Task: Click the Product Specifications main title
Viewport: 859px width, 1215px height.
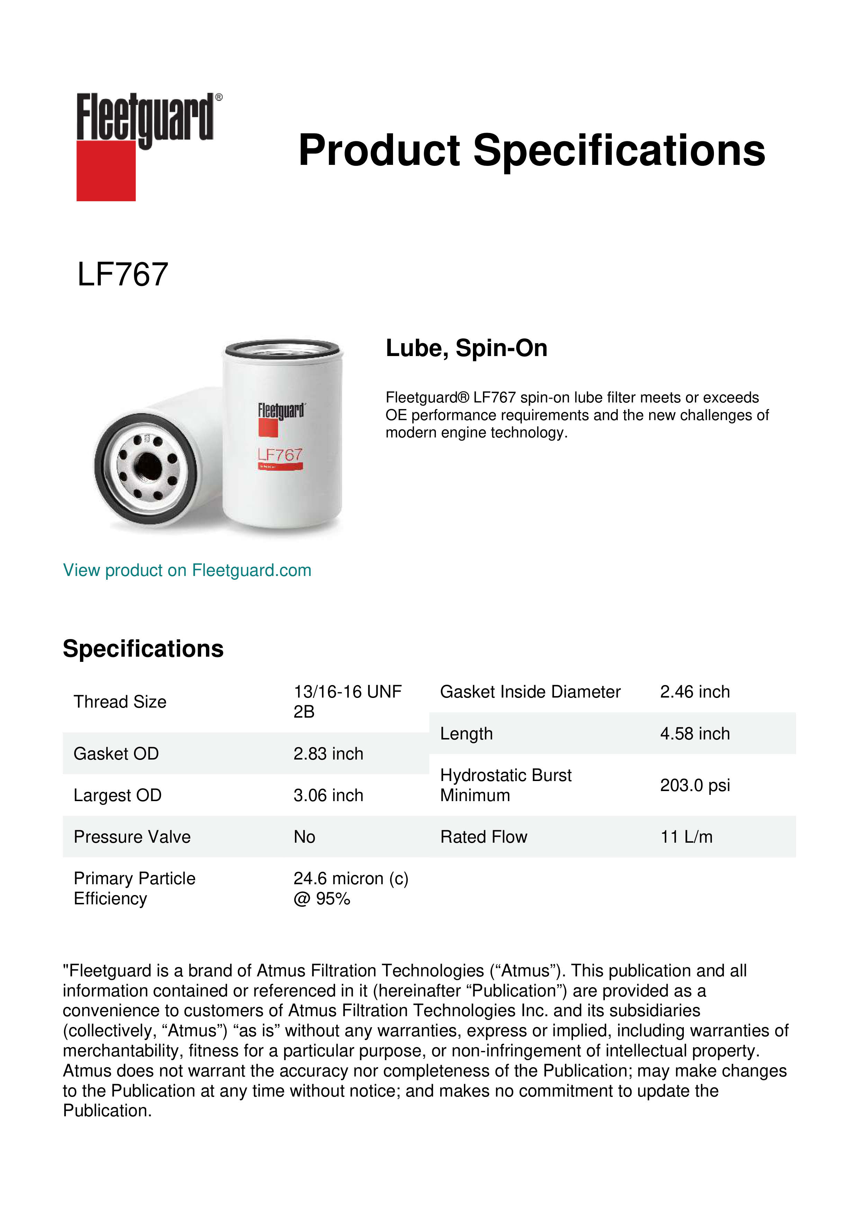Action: pos(531,150)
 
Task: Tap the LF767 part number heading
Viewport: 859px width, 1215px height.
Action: pos(123,275)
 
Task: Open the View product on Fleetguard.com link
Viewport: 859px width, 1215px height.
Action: pos(187,570)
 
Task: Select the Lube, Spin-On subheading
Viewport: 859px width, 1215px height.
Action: pos(466,348)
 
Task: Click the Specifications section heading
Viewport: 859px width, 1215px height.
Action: pos(143,649)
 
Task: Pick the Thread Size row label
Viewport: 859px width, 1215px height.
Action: pos(120,702)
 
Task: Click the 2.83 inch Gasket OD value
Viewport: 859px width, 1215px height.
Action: pos(329,754)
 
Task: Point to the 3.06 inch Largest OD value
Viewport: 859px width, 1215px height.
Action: pos(329,795)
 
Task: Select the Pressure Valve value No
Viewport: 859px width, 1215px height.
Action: pos(305,837)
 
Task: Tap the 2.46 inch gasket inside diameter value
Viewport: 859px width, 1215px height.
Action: pos(695,692)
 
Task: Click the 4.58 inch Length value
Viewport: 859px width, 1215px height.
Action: pos(695,734)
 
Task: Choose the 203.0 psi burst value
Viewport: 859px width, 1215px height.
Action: pos(695,785)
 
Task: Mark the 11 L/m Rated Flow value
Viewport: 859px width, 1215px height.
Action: pos(686,837)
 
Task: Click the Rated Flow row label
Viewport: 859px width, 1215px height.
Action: pos(483,837)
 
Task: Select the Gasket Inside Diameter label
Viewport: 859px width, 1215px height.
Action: pos(530,692)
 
